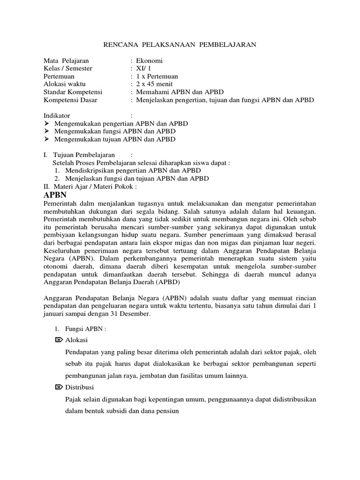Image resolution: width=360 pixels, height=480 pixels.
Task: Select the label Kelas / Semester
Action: click(x=68, y=68)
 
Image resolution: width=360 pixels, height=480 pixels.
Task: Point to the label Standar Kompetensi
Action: click(x=73, y=92)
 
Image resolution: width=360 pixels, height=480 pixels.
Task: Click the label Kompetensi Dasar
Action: click(x=71, y=100)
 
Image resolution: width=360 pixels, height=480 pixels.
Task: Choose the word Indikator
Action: click(x=57, y=115)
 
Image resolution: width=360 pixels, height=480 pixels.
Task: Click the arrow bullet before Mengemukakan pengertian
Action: click(x=46, y=124)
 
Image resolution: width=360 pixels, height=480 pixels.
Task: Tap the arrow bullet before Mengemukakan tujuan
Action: click(x=46, y=139)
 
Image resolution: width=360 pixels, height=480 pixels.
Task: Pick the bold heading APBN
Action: click(x=55, y=195)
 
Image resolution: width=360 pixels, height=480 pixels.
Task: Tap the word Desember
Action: click(x=135, y=314)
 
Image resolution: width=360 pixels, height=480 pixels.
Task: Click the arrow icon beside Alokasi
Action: click(x=59, y=340)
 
